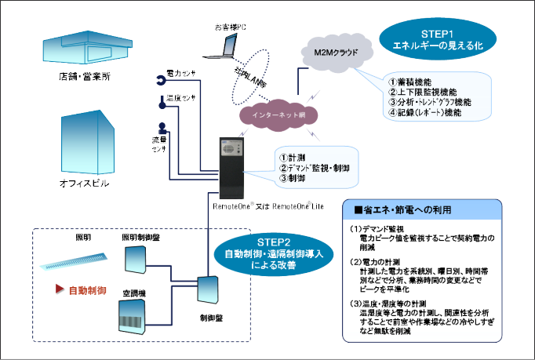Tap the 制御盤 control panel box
pyautogui.click(x=210, y=292)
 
